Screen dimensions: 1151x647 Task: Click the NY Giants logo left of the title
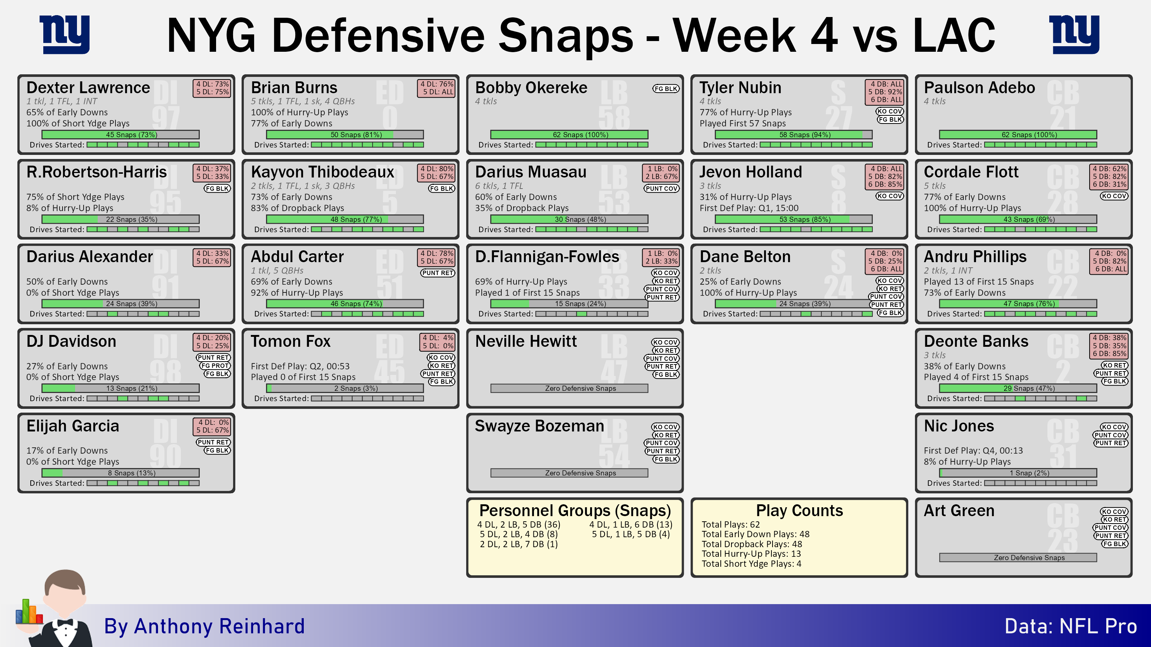[65, 34]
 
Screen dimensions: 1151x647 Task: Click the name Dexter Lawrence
[88, 88]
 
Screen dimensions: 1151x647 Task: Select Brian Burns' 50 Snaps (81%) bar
[345, 135]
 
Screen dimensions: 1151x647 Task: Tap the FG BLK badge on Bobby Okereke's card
[666, 88]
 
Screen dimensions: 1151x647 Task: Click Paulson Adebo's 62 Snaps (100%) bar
[1018, 135]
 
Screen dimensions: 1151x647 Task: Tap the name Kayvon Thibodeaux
[323, 172]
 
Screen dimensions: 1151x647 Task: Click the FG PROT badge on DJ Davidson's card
[215, 366]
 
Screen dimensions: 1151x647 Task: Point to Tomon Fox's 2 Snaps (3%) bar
[345, 389]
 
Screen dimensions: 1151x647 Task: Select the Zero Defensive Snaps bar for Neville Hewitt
[569, 389]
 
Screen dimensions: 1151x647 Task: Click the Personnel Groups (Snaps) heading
[575, 510]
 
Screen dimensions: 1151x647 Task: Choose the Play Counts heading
[800, 510]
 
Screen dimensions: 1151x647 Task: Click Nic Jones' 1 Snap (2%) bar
[1018, 473]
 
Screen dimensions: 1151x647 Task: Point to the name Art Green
[959, 510]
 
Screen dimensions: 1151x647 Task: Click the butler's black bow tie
[65, 623]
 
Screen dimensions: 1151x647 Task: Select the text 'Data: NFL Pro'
[1071, 626]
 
